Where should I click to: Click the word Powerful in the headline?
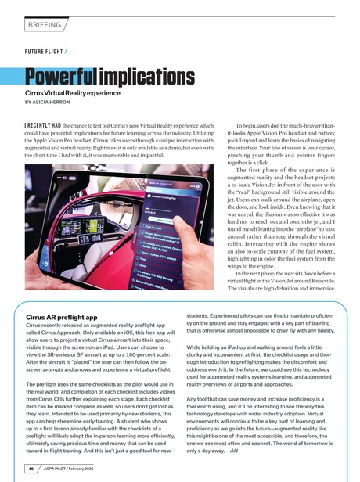[51, 78]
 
